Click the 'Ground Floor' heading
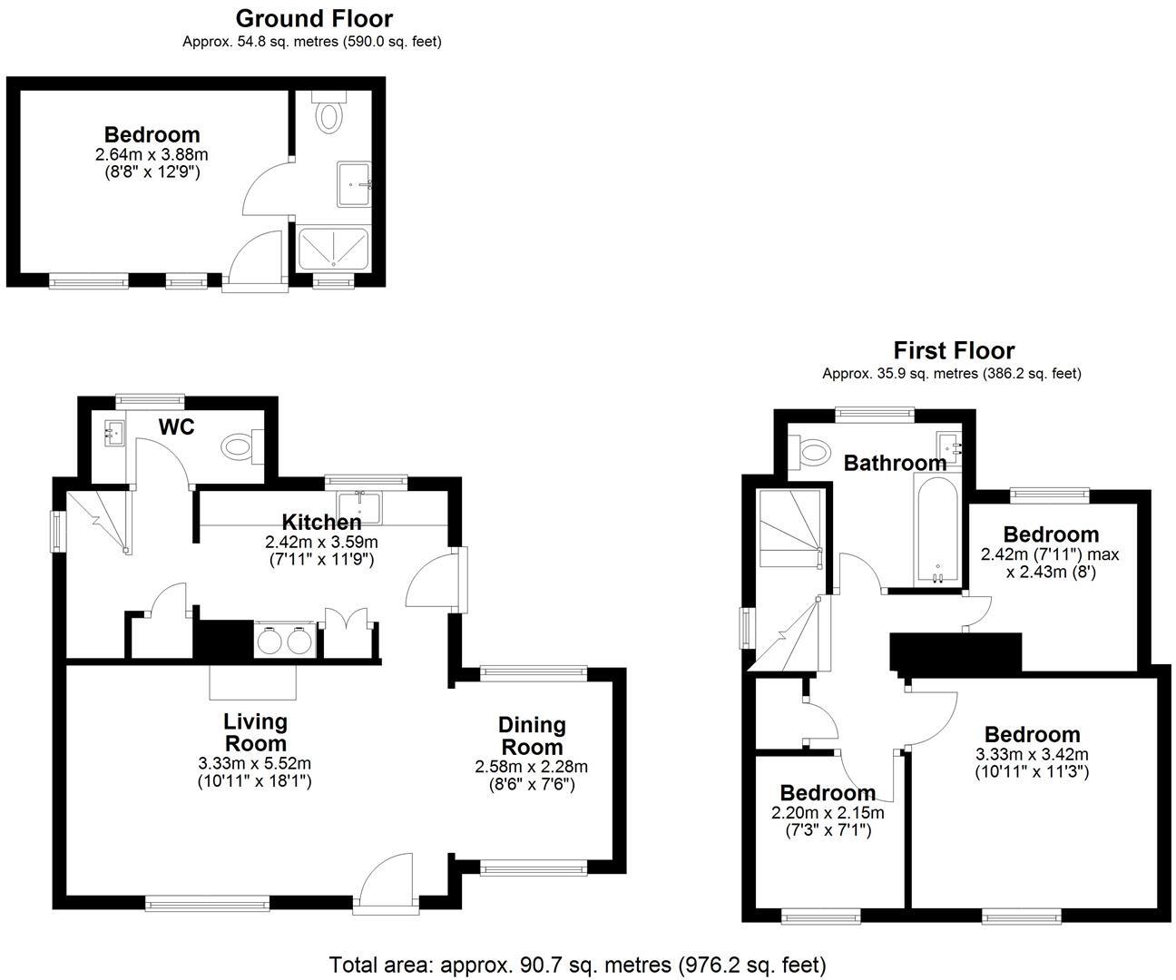[x=314, y=18]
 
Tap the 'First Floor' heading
[x=954, y=350]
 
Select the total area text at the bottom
[x=577, y=964]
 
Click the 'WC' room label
[x=176, y=427]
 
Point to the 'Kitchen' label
[x=321, y=522]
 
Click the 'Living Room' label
[x=255, y=732]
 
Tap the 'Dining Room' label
[x=533, y=736]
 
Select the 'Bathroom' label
[x=895, y=463]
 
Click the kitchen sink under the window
[x=360, y=506]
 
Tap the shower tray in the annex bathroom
[x=334, y=247]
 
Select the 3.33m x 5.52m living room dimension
[x=254, y=764]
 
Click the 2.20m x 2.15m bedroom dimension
[x=827, y=813]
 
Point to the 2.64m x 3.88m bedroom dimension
[x=152, y=155]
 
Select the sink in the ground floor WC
[x=113, y=432]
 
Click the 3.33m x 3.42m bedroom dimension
[x=1032, y=755]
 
